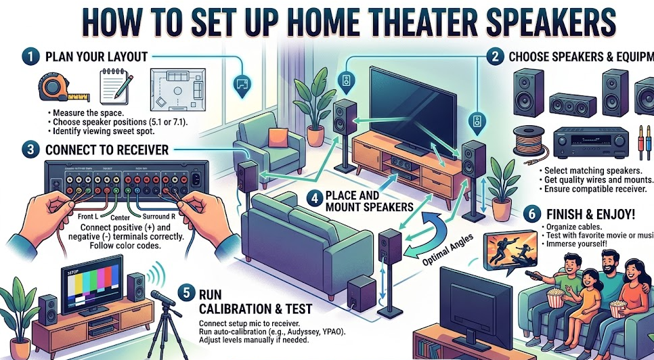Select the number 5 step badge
187,294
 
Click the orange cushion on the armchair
278,137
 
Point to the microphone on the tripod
164,298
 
